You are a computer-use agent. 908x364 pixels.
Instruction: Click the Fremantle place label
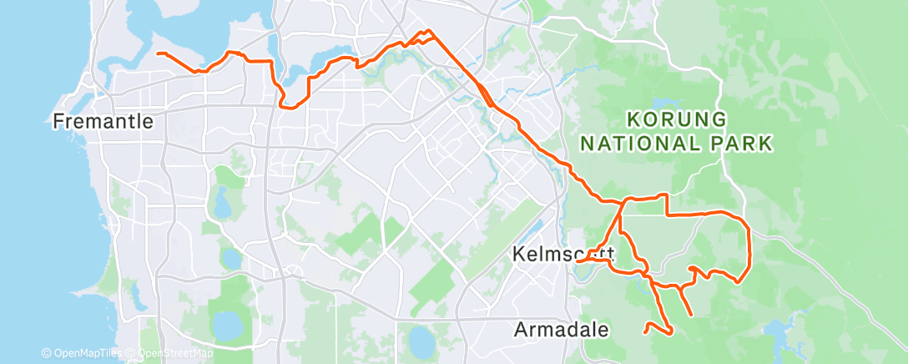(103, 122)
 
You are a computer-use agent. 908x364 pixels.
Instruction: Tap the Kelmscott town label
(564, 252)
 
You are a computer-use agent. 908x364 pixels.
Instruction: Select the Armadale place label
(562, 330)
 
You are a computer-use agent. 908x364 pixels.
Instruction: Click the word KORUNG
(676, 119)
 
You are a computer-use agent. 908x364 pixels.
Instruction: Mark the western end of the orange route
(159, 53)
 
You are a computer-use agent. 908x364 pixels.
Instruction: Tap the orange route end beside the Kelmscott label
(577, 262)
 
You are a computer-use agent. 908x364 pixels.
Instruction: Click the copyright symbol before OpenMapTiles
(46, 354)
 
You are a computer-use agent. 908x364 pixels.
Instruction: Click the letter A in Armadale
(521, 330)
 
